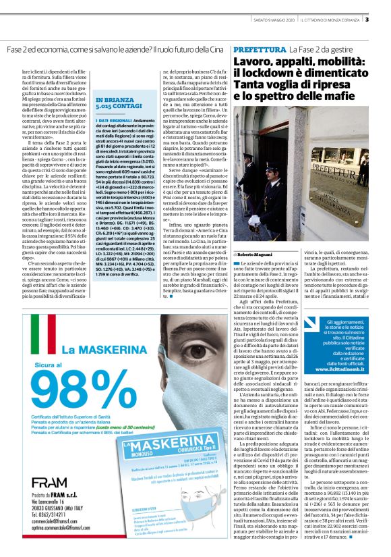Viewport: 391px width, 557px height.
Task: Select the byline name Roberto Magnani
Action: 255,253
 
